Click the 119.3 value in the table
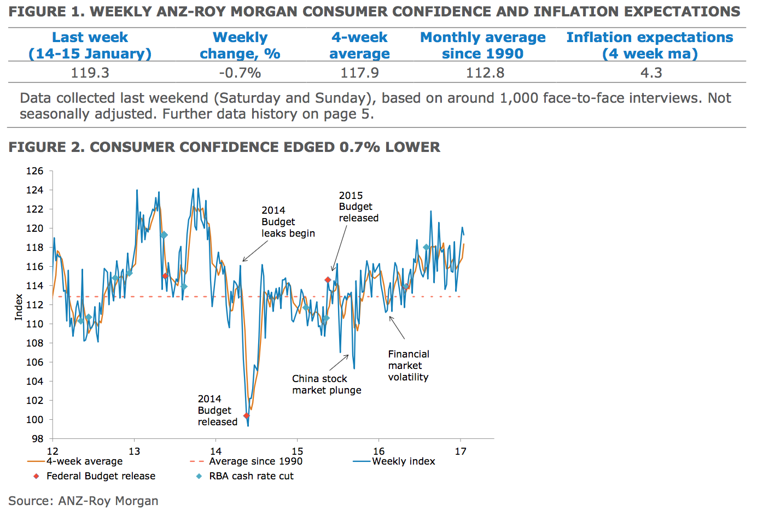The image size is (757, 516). [90, 73]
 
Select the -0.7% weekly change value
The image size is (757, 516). [240, 73]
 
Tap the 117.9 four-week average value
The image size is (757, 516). [359, 73]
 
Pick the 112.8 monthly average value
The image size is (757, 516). [485, 73]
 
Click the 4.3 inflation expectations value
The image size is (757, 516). [651, 73]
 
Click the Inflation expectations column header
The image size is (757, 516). [650, 45]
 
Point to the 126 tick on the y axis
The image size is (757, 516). [34, 171]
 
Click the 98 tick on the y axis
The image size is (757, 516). [37, 438]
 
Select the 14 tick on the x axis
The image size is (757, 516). [216, 451]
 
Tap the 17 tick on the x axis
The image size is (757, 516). [461, 451]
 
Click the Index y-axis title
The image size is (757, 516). [19, 307]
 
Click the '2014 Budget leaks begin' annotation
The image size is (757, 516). [288, 222]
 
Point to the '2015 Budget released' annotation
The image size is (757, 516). [358, 207]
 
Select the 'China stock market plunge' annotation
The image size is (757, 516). [327, 384]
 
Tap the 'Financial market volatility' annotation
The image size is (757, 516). [409, 366]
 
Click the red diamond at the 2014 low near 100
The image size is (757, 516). [246, 416]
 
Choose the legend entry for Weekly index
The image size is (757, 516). [403, 461]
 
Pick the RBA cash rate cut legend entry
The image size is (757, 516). [251, 476]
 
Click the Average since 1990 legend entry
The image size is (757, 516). [255, 461]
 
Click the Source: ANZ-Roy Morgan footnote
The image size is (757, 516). [83, 501]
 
